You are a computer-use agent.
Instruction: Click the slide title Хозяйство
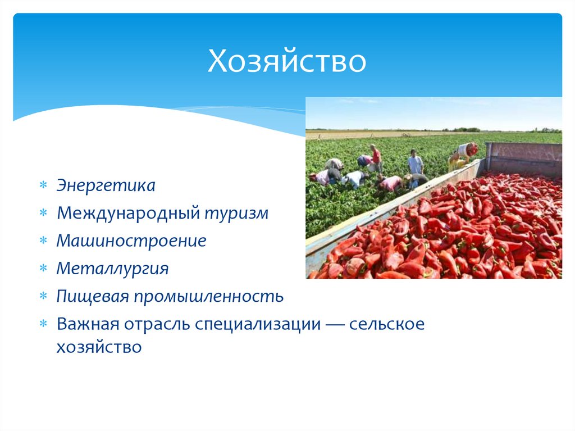[x=287, y=62]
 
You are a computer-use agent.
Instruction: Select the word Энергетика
[x=106, y=185]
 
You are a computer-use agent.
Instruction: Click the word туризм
[x=236, y=213]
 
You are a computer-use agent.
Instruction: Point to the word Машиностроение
[x=131, y=241]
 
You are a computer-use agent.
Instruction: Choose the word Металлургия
[x=112, y=269]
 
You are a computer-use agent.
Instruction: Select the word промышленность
[x=208, y=296]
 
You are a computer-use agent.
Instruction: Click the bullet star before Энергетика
[x=44, y=185]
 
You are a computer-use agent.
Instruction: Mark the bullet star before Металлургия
[x=44, y=269]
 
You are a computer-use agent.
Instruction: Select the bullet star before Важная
[x=44, y=324]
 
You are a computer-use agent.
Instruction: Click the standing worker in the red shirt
[x=376, y=158]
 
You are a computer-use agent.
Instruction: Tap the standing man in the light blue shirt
[x=415, y=162]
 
